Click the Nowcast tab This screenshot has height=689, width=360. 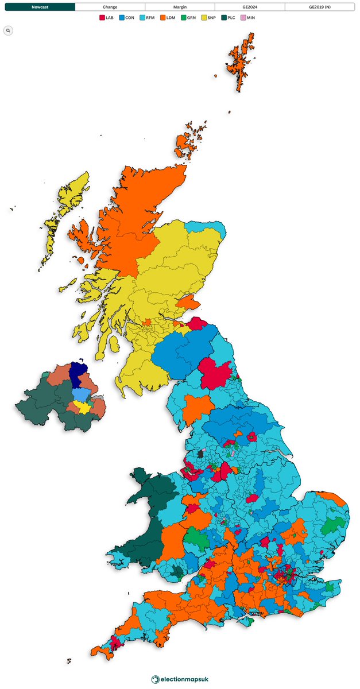[x=40, y=7]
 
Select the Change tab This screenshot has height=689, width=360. [x=110, y=7]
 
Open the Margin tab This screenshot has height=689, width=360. [x=180, y=7]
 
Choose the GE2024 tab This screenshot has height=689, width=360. [x=250, y=7]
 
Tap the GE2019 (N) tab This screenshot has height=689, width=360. [x=319, y=7]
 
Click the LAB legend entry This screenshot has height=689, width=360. [x=107, y=18]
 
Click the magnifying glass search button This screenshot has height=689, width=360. [x=9, y=30]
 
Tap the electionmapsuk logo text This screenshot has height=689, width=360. [x=184, y=679]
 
